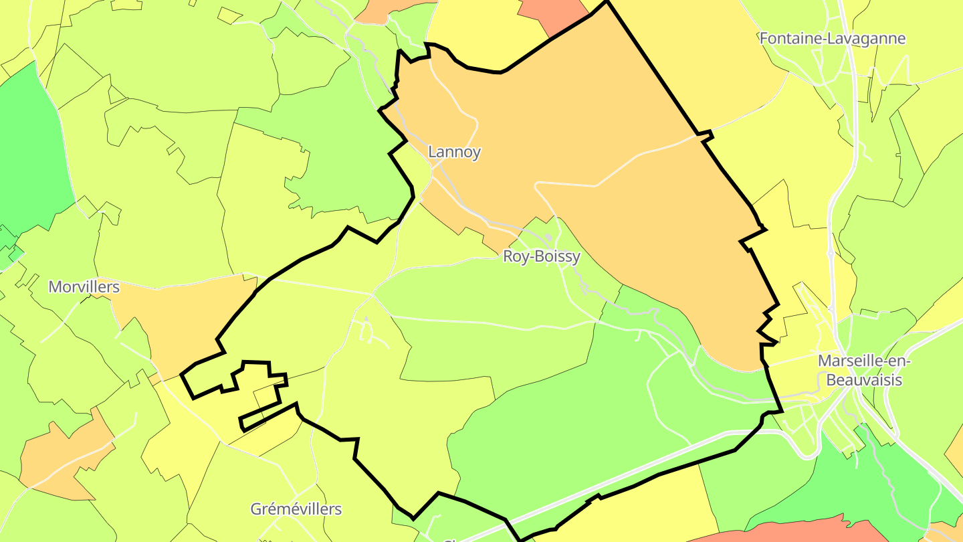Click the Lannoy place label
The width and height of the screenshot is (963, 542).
pos(454,152)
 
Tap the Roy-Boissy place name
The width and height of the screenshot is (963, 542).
pos(541,256)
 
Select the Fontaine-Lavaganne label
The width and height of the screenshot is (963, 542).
pos(832,38)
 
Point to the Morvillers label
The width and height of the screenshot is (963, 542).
pos(84,287)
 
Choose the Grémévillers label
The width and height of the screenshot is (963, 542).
pos(296,509)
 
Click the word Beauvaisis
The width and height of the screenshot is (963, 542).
pos(864,380)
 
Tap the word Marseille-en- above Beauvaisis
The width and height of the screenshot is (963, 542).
pos(865,361)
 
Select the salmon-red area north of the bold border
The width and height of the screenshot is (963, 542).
pos(552,13)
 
